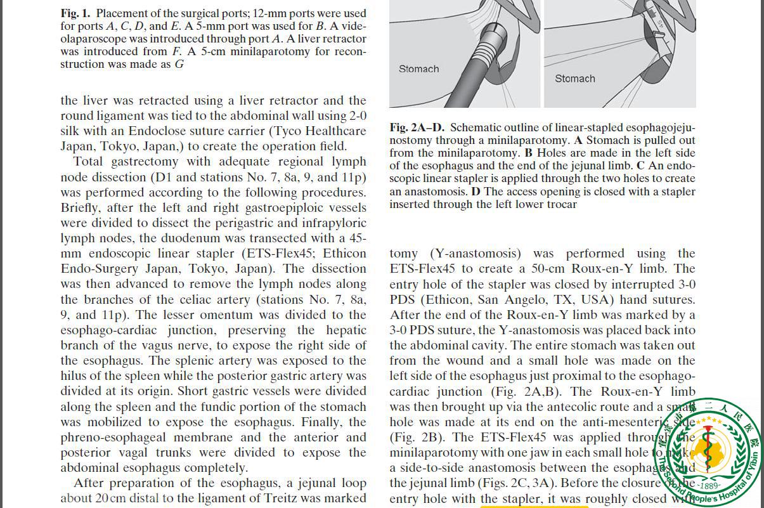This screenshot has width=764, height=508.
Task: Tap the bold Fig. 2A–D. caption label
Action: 417,127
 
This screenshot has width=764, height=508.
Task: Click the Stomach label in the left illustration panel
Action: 418,68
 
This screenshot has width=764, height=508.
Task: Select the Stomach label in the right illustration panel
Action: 574,79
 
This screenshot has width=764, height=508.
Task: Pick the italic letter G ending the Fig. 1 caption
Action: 179,64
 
